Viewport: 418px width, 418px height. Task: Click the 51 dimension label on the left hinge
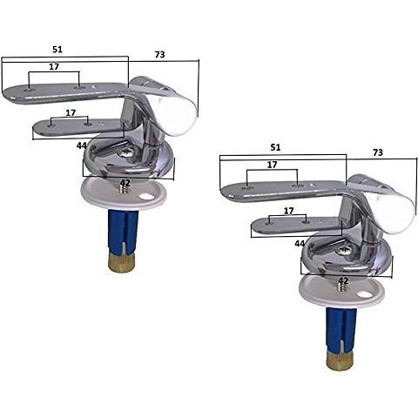click(x=57, y=50)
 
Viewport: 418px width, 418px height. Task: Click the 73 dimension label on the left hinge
click(x=159, y=55)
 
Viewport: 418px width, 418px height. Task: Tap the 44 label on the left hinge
click(x=82, y=145)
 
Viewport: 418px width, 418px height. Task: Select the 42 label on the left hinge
click(x=125, y=183)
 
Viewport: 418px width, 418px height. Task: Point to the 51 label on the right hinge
click(x=275, y=147)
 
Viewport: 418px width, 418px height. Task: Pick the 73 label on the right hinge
click(x=378, y=152)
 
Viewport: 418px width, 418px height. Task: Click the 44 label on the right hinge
click(x=300, y=244)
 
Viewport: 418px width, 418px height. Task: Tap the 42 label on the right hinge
click(x=343, y=280)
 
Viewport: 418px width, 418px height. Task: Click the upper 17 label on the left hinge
click(x=54, y=67)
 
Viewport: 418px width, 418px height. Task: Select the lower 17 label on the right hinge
click(x=288, y=211)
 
